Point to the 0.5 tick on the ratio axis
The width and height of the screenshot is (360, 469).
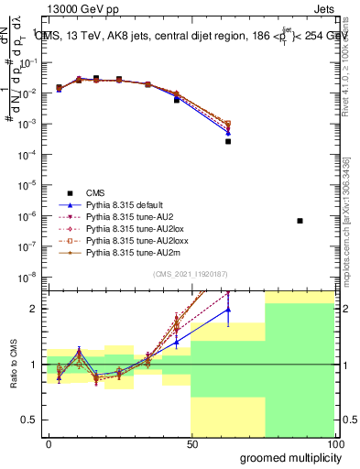[34, 420]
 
